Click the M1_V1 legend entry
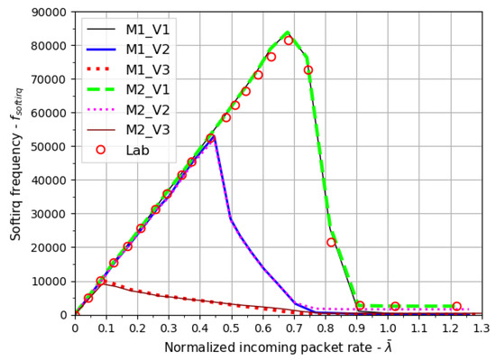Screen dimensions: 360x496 [135, 27]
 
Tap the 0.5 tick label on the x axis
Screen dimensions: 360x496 [232, 327]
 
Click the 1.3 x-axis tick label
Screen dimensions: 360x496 [482, 327]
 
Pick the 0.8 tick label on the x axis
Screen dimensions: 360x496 [326, 327]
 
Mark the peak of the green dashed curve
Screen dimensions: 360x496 [288, 32]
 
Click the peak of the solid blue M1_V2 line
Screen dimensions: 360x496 [213, 138]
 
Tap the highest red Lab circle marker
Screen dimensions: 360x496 [289, 41]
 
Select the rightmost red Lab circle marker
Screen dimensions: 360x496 [456, 307]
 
